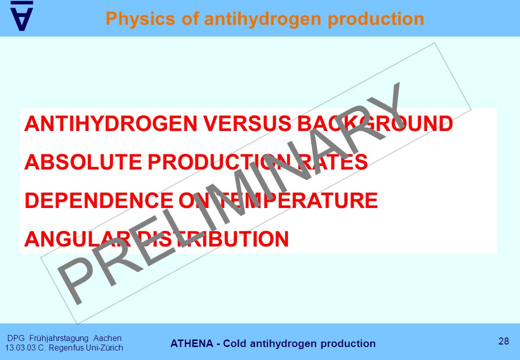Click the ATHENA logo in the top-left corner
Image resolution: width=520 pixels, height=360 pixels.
coord(22,16)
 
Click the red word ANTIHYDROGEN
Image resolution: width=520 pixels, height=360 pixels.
coord(111,123)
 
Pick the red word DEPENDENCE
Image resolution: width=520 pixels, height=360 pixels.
coord(99,200)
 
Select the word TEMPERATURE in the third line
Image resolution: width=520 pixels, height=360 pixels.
coord(299,200)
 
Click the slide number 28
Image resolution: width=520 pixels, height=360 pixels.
coord(503,341)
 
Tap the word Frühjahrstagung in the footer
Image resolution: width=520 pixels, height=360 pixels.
coord(59,338)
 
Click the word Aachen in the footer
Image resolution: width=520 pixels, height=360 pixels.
coord(107,338)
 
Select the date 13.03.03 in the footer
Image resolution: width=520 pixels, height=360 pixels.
coord(20,347)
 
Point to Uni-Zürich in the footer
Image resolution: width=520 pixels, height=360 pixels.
coord(104,347)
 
